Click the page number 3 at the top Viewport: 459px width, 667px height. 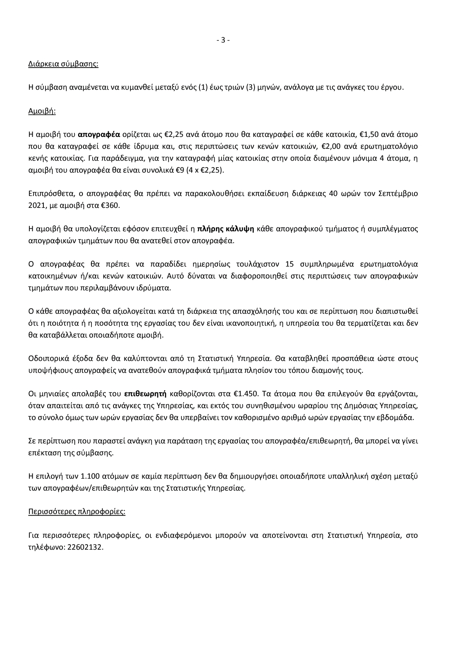pos(223,40)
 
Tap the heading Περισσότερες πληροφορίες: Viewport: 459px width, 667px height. pos(77,511)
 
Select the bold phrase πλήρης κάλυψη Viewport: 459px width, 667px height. pos(226,229)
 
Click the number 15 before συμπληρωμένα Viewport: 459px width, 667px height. pos(290,264)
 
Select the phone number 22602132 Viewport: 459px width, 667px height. pos(85,547)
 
